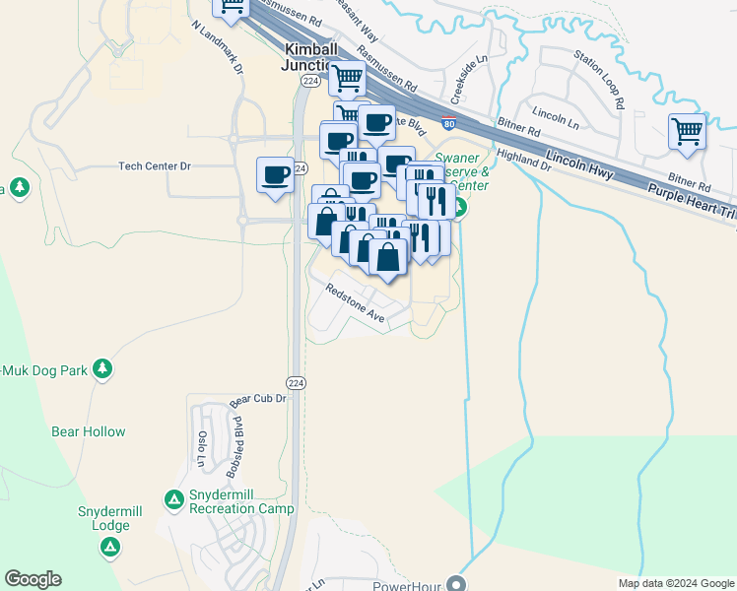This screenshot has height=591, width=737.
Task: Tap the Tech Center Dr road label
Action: [x=154, y=166]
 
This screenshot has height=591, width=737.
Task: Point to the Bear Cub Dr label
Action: [x=257, y=399]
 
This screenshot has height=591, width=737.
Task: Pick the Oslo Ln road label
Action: [x=202, y=448]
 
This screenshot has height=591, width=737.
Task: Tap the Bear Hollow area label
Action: [x=89, y=431]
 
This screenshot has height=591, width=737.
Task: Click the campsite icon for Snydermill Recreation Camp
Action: [x=173, y=500]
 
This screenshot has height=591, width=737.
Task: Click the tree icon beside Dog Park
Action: [x=102, y=369]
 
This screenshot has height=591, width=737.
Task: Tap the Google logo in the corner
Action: [x=33, y=579]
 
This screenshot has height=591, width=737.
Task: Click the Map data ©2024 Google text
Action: [x=675, y=583]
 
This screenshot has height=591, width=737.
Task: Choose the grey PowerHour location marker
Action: [x=455, y=582]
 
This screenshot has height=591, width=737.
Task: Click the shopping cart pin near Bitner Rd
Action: [x=687, y=131]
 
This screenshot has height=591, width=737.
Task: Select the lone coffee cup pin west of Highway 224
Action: [x=275, y=174]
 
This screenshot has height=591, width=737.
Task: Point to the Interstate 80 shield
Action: [x=448, y=124]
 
